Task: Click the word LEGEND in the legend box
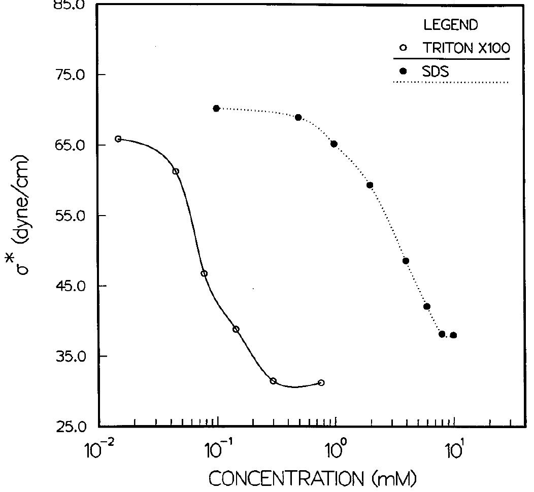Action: point(451,24)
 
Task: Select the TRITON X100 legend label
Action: point(465,48)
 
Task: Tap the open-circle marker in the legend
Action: point(404,48)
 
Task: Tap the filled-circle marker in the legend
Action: point(404,72)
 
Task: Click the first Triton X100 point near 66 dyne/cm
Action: point(118,139)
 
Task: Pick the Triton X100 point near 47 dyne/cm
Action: point(204,274)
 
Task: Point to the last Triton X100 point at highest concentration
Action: point(321,383)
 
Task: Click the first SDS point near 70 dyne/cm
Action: point(216,109)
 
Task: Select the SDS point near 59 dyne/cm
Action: point(370,185)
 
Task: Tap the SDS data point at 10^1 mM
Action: point(453,335)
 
